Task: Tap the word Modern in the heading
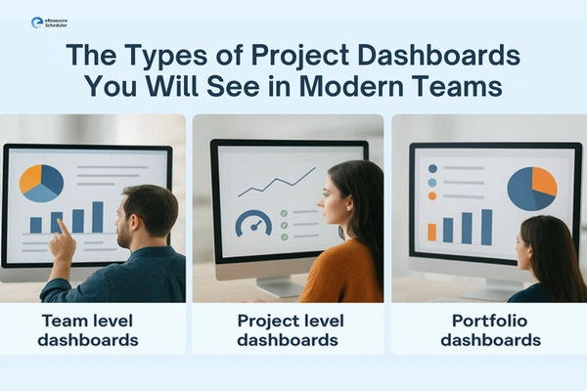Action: click(342, 87)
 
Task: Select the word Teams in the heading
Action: click(456, 87)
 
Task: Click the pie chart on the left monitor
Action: click(41, 182)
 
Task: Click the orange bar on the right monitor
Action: click(431, 232)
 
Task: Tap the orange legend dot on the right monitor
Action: click(431, 195)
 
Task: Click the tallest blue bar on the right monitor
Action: click(486, 227)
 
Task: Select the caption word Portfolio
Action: click(489, 322)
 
